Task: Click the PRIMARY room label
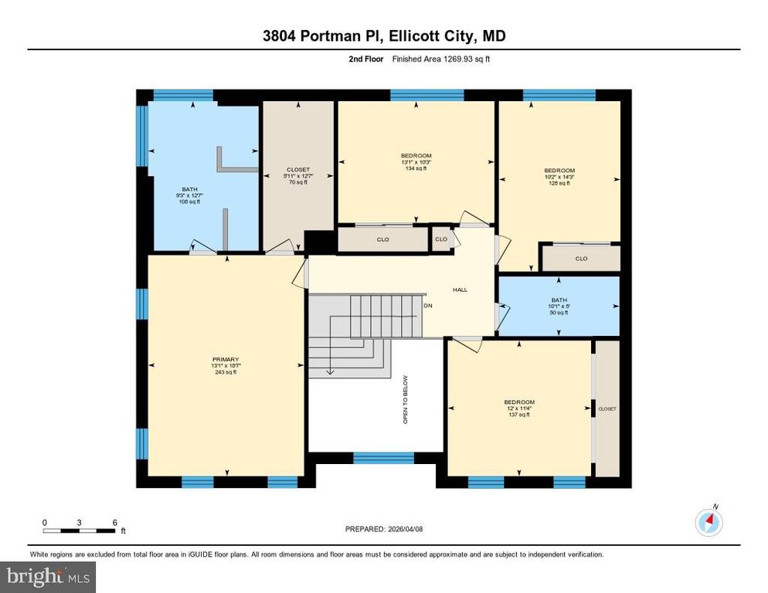coord(226,359)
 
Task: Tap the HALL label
coord(460,290)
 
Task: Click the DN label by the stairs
coord(429,306)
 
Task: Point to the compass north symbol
coord(709,523)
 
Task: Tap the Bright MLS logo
coord(48,575)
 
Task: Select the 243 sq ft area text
coord(226,372)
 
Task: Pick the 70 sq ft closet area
coord(298,182)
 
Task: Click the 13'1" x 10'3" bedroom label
coord(416,162)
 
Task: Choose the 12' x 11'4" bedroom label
coord(519,408)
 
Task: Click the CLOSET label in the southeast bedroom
coord(607,408)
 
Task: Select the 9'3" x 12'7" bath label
coord(189,195)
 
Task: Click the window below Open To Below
coord(383,458)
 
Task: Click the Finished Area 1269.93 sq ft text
coord(440,59)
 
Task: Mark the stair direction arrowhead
coord(331,371)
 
